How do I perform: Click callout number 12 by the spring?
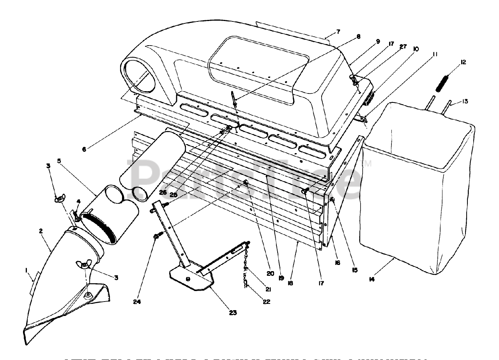click(463, 62)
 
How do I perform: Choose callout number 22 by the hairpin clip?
click(267, 301)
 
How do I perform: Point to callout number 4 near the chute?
click(78, 201)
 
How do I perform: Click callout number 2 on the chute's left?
click(41, 231)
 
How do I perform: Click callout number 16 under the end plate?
click(337, 263)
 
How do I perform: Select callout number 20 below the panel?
click(260, 273)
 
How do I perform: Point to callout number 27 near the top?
click(403, 46)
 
